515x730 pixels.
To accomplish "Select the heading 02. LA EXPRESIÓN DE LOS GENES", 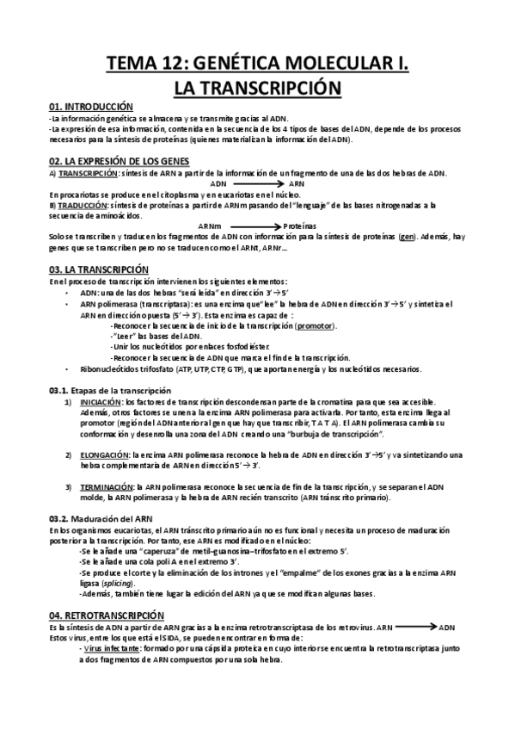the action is pos(119,161).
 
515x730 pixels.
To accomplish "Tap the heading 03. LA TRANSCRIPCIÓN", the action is pos(98,269).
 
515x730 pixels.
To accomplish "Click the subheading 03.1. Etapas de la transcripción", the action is pos(109,390).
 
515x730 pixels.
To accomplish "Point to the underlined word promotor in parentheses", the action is pos(316,326).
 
